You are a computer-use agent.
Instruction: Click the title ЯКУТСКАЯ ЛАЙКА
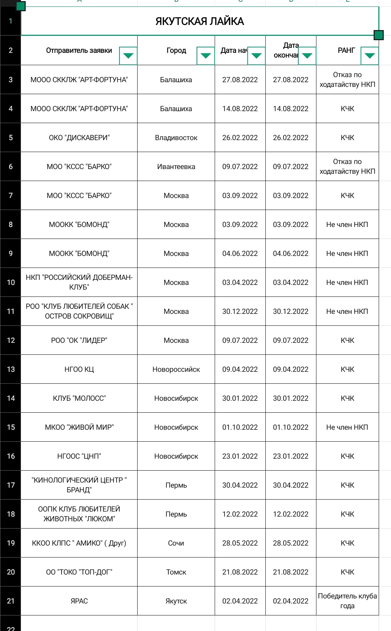(x=199, y=21)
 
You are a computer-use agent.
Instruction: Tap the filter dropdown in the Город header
(x=206, y=56)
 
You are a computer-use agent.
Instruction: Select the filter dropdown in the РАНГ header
(x=370, y=56)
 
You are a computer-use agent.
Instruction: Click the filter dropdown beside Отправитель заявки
(x=128, y=56)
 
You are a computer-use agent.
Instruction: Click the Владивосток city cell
(x=176, y=138)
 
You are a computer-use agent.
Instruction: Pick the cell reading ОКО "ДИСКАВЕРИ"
(x=79, y=138)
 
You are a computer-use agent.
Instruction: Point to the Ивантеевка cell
(x=176, y=167)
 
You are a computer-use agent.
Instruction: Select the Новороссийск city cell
(x=176, y=369)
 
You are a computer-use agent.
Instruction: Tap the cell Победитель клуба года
(x=347, y=601)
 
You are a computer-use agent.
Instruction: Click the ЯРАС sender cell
(x=79, y=601)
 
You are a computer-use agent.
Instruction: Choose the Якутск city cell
(x=176, y=601)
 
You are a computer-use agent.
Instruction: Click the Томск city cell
(x=176, y=572)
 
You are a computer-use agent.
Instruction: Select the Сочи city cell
(x=176, y=543)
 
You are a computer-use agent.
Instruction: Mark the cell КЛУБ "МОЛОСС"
(x=79, y=398)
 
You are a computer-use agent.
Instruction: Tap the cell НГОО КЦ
(x=79, y=369)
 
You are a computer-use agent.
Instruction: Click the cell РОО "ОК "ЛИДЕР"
(x=79, y=340)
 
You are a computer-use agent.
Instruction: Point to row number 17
(x=11, y=485)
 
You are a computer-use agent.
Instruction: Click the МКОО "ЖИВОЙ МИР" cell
(x=79, y=427)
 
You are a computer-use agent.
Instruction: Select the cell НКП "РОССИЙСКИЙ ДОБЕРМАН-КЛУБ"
(x=79, y=282)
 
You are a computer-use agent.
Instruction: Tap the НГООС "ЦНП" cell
(x=79, y=456)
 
